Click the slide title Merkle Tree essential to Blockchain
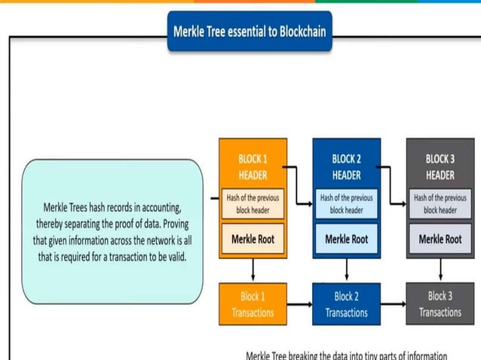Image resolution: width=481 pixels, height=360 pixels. point(249,32)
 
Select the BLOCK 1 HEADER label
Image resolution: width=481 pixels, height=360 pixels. point(253,166)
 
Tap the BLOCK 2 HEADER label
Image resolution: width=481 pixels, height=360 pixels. point(346,166)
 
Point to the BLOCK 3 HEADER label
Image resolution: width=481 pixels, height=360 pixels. point(440,166)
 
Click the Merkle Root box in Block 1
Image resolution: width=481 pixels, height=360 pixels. point(253,239)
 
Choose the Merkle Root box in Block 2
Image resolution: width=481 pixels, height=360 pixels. point(346,239)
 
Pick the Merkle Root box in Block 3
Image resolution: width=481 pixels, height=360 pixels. point(440,239)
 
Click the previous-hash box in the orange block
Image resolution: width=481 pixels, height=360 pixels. point(253,204)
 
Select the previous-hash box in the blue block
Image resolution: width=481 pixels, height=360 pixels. point(346,204)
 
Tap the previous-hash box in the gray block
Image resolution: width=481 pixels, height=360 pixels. point(440,204)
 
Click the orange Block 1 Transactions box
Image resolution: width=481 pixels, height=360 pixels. point(253,304)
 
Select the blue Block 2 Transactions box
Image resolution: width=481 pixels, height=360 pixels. point(346,304)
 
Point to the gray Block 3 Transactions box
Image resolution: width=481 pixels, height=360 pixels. point(440,304)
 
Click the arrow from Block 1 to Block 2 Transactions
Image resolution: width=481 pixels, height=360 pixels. point(299,304)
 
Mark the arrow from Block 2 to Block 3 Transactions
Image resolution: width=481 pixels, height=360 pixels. point(393,304)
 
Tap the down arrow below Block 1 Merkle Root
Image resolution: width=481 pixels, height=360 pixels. point(253,270)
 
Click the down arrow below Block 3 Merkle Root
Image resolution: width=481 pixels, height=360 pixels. point(440,270)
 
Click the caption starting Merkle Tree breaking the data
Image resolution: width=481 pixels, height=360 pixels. point(346,355)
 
